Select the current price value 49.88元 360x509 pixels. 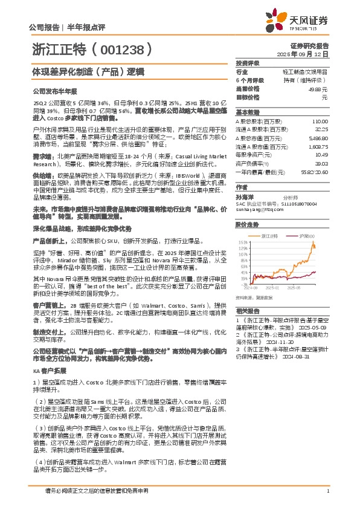tap(320, 88)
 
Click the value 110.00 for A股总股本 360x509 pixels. tap(321, 121)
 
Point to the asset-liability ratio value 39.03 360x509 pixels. tap(321, 163)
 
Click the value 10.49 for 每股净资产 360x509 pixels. tap(322, 154)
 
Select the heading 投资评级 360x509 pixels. tap(248, 62)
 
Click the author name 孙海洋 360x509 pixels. tap(245, 196)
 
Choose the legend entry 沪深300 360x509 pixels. tap(305, 235)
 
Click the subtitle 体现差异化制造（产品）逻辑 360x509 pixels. tap(87, 71)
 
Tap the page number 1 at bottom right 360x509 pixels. tap(327, 490)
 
